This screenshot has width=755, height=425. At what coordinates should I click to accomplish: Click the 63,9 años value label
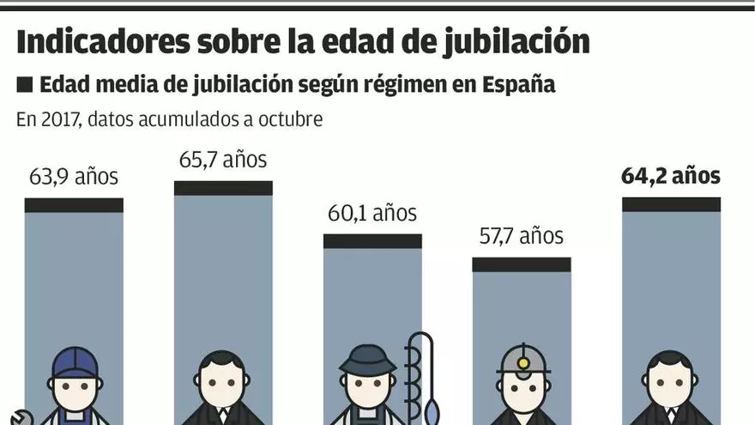(x=74, y=178)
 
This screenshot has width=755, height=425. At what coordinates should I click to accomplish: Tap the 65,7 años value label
(x=223, y=160)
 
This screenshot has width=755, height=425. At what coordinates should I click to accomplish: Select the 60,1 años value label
(x=372, y=213)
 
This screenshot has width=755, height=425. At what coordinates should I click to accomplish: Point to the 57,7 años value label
(x=522, y=235)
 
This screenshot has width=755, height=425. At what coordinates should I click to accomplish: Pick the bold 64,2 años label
(x=671, y=177)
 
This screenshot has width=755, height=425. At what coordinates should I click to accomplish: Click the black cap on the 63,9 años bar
(x=74, y=205)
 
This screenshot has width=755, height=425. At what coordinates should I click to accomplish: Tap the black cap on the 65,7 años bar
(x=223, y=188)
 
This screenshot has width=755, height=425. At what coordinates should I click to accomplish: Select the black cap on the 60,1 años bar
(x=372, y=241)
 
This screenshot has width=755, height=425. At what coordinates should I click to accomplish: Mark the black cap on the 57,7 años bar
(x=522, y=264)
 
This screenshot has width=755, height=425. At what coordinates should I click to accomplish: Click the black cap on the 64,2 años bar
(x=671, y=204)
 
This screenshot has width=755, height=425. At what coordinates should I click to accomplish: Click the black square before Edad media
(x=24, y=85)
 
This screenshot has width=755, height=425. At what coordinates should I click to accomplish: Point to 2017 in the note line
(x=58, y=119)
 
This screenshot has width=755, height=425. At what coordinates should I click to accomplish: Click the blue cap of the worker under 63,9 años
(x=75, y=361)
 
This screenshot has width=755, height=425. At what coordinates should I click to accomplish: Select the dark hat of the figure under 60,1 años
(x=367, y=359)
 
